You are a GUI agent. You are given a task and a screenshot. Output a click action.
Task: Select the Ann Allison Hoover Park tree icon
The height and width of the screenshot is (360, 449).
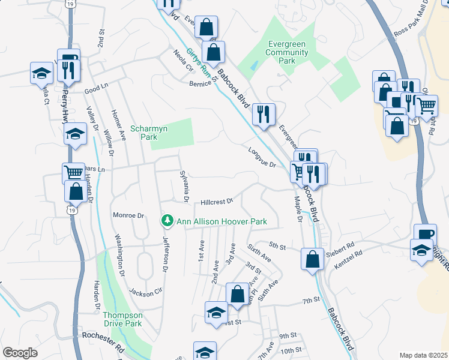tap(167, 221)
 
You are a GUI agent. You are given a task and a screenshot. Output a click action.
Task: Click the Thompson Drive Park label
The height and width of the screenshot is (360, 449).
tap(122, 319)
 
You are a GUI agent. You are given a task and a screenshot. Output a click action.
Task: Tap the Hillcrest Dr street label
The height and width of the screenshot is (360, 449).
tap(216, 202)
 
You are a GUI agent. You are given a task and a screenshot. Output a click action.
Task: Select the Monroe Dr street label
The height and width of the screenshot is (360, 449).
tap(129, 215)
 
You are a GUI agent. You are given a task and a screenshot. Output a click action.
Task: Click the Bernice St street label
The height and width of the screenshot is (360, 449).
tap(201, 81)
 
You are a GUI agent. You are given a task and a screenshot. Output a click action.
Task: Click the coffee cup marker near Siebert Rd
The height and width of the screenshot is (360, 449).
tap(425, 235)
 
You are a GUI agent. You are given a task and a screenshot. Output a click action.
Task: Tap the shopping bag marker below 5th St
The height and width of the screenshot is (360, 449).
tap(312, 260)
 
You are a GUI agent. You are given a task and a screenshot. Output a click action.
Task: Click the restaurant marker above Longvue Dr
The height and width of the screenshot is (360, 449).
tap(264, 113)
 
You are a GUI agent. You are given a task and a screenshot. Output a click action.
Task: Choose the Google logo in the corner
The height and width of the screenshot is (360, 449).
tap(20, 353)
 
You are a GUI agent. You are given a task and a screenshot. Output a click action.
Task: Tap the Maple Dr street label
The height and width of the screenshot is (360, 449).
tap(298, 210)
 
